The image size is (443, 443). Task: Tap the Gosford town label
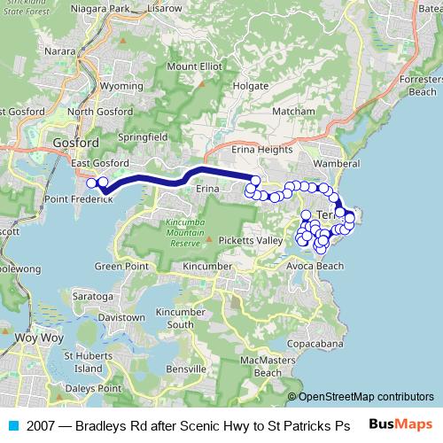coord(75,142)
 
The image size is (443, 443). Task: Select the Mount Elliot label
coord(194,66)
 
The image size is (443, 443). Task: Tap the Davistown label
coord(122,317)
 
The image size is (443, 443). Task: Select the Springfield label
coord(144,137)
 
